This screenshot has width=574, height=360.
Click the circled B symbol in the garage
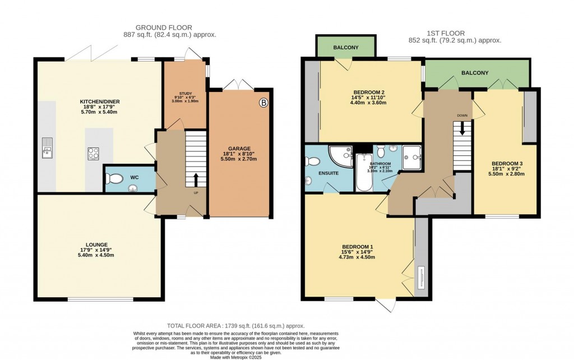click(x=263, y=103)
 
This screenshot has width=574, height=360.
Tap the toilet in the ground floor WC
click(x=115, y=179)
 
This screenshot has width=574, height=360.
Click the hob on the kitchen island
click(x=94, y=151)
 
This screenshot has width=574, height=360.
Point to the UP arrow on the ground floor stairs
click(x=196, y=181)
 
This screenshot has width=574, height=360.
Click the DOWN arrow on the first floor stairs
click(x=462, y=127)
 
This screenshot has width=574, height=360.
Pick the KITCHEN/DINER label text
click(x=100, y=101)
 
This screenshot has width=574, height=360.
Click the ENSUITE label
click(x=328, y=173)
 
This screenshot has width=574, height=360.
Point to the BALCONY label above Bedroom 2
click(x=346, y=48)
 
